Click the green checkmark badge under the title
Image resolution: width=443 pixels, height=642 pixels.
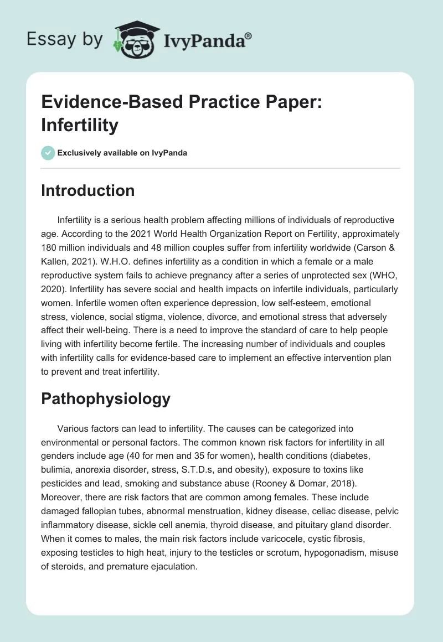[x=48, y=153]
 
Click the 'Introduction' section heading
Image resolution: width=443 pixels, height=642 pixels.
[x=87, y=191]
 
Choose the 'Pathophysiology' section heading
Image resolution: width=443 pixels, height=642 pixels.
[x=105, y=398]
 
